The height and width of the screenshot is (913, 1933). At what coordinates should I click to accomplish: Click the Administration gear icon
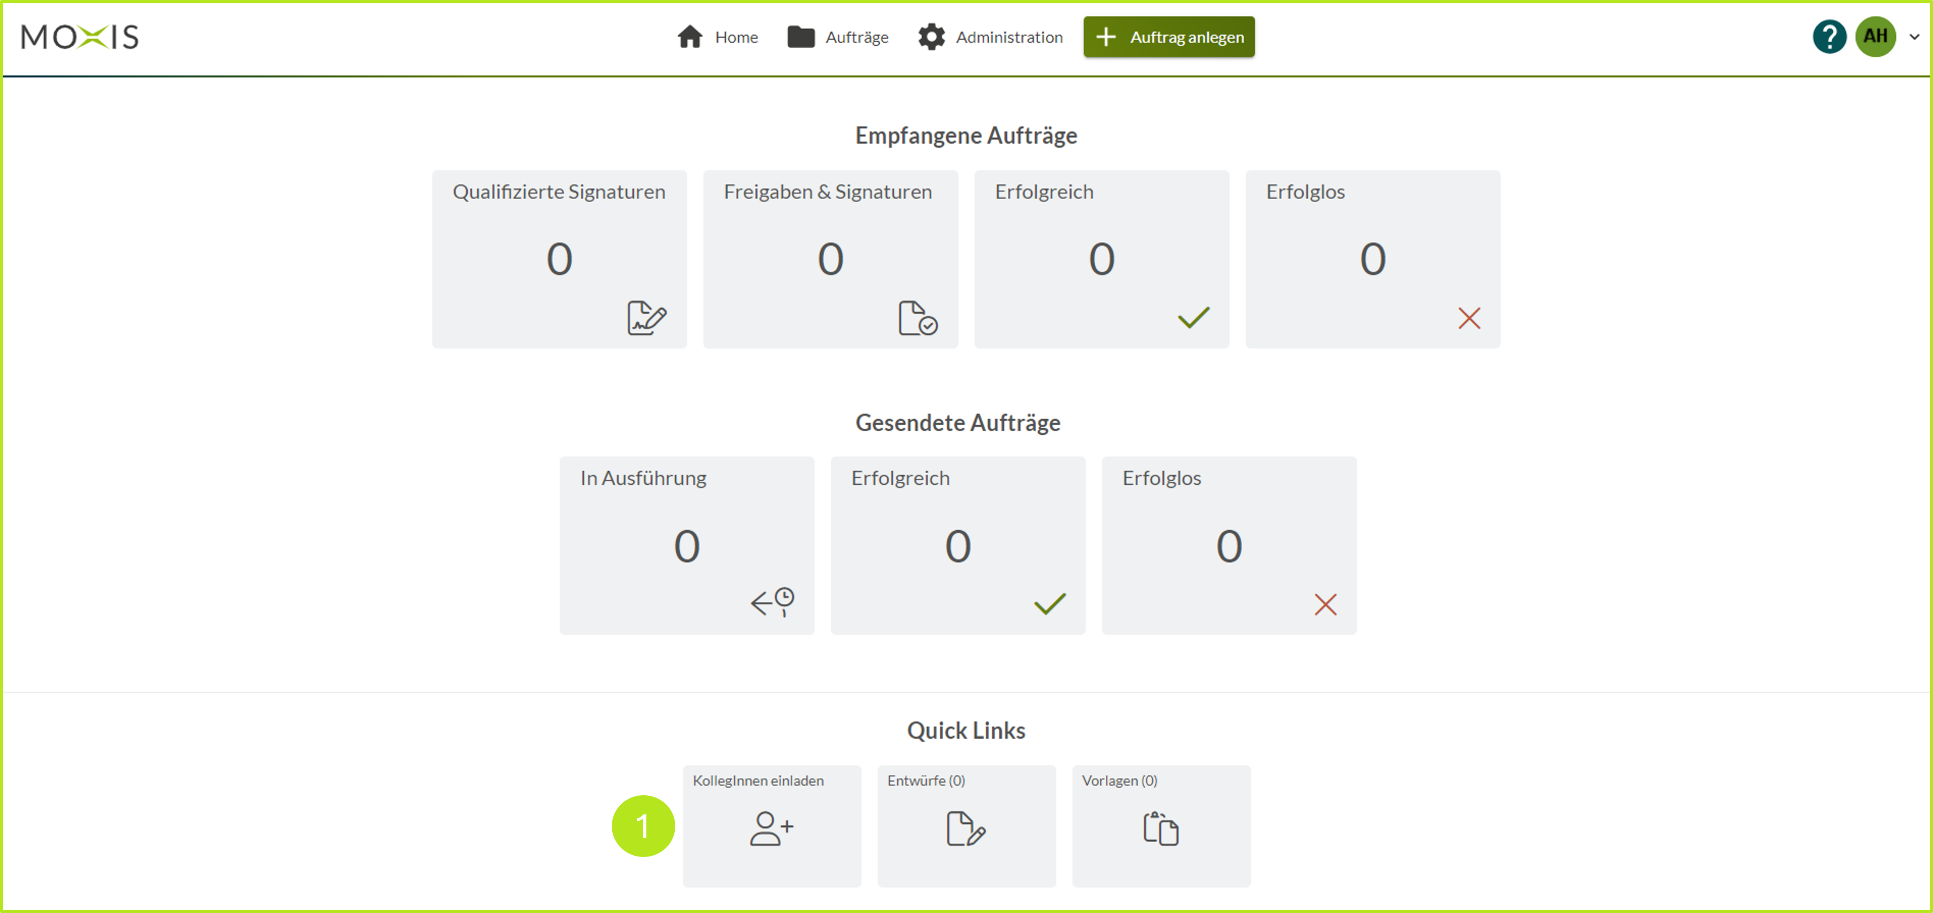pyautogui.click(x=931, y=37)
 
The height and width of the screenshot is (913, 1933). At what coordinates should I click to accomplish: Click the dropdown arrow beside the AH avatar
pyautogui.click(x=1914, y=37)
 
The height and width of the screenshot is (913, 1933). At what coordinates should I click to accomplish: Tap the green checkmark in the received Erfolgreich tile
pyautogui.click(x=1193, y=318)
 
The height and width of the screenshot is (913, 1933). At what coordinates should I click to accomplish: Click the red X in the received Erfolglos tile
pyautogui.click(x=1468, y=318)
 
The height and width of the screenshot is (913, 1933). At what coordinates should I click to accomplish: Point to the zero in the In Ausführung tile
pyautogui.click(x=687, y=546)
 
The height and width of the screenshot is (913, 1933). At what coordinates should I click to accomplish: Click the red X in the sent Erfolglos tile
pyautogui.click(x=1325, y=604)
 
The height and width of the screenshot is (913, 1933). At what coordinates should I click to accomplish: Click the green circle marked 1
pyautogui.click(x=643, y=826)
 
